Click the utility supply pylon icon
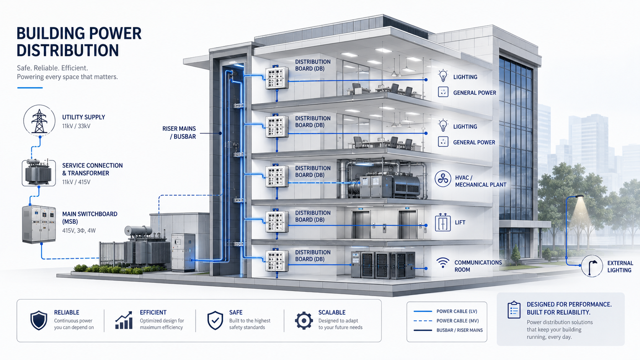[x=39, y=121]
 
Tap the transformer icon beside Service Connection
[x=39, y=173]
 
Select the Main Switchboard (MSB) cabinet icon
[x=39, y=224]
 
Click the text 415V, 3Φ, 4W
[x=79, y=230]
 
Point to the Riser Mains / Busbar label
[x=179, y=132]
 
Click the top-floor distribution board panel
[x=277, y=78]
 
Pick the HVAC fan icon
[x=442, y=179]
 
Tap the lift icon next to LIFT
[x=442, y=222]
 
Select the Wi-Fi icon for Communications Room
[x=442, y=262]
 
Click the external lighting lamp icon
[x=592, y=266]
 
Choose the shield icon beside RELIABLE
[x=39, y=320]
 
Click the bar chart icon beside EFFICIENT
[x=124, y=320]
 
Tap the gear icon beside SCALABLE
[x=304, y=321]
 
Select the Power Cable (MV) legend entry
[x=446, y=321]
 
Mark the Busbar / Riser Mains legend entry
[x=448, y=330]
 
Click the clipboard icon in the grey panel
[x=514, y=310]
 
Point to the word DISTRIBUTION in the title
[x=68, y=50]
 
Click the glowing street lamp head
[x=579, y=197]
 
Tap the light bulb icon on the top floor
[x=443, y=76]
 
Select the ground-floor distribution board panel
[x=277, y=261]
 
